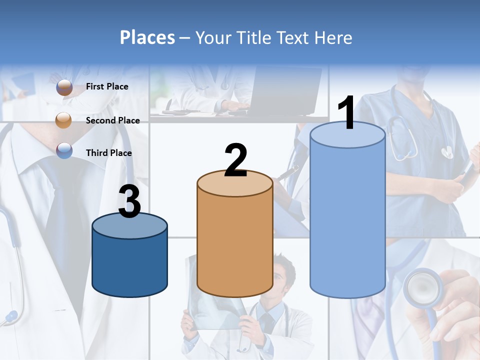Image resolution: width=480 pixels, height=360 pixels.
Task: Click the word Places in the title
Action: [x=147, y=37]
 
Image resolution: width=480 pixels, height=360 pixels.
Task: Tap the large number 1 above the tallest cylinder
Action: [x=347, y=113]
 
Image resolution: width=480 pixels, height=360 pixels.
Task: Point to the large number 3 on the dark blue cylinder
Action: [x=129, y=202]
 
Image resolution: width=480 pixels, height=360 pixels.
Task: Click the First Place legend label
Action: [x=107, y=86]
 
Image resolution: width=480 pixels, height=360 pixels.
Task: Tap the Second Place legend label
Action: [x=112, y=120]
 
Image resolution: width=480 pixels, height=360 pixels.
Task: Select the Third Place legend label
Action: [x=108, y=153]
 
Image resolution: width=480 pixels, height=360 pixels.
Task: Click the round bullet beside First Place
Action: [x=64, y=87]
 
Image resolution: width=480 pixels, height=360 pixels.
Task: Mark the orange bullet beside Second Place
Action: [x=63, y=120]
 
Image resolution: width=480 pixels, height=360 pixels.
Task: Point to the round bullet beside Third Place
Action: [x=64, y=150]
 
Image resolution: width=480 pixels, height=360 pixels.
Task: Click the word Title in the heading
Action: [x=253, y=37]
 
